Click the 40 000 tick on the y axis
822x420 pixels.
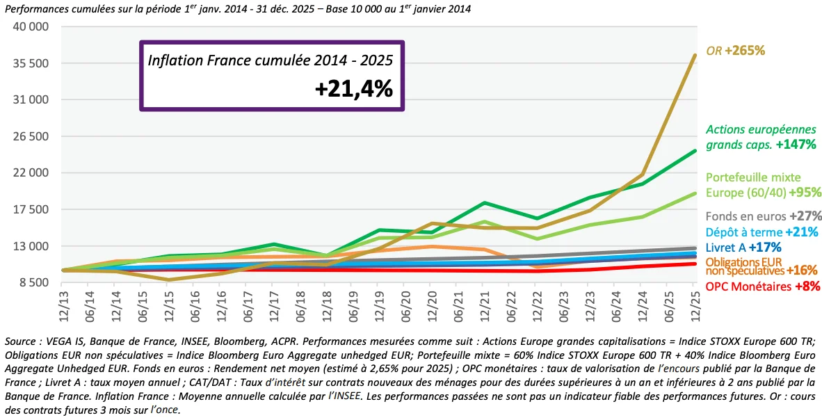click(30, 26)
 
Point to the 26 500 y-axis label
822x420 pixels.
click(30, 136)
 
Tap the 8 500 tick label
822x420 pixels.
click(33, 282)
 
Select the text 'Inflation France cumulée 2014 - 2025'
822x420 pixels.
click(271, 60)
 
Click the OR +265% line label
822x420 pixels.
click(735, 51)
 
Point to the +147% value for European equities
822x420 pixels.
click(796, 145)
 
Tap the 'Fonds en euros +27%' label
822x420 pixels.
click(761, 216)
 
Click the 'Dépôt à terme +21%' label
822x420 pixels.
click(761, 232)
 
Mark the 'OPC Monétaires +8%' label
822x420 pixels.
click(762, 286)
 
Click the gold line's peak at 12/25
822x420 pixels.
click(693, 56)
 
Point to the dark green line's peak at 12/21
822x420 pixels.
click(483, 203)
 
